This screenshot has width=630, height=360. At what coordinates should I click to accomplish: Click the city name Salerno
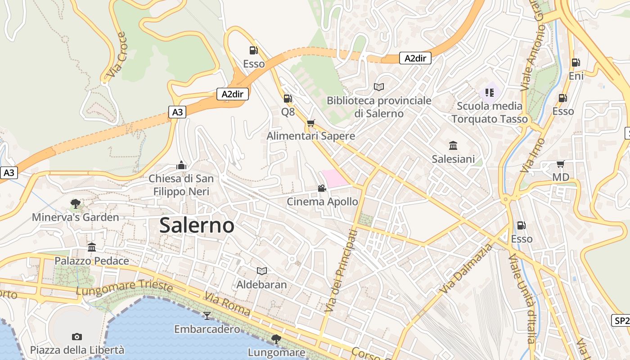(x=197, y=225)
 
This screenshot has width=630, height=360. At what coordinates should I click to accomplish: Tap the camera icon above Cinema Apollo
(x=322, y=188)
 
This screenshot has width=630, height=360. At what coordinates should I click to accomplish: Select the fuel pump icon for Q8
(x=288, y=98)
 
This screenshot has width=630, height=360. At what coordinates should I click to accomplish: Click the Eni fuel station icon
(x=575, y=63)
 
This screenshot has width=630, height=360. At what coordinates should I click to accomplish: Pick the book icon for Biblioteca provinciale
(x=379, y=87)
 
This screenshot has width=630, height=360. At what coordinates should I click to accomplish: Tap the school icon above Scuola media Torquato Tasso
(x=490, y=93)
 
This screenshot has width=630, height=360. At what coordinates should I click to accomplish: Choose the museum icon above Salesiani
(x=453, y=145)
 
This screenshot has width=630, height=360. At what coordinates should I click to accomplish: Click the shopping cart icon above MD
(x=560, y=164)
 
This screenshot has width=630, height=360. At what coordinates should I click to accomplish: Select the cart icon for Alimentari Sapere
(x=310, y=123)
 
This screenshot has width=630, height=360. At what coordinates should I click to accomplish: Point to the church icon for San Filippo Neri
(x=181, y=165)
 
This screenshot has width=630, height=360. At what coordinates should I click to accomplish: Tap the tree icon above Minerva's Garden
(x=75, y=204)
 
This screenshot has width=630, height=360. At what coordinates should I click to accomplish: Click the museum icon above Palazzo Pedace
(x=92, y=247)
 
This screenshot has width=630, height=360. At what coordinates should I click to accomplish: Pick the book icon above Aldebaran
(x=261, y=271)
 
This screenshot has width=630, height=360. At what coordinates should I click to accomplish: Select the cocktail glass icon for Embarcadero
(x=207, y=315)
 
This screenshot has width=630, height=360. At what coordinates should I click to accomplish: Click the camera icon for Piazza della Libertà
(x=76, y=337)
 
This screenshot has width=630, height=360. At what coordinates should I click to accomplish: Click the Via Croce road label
(x=117, y=54)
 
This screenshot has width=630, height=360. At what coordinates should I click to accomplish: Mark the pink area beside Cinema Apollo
(x=334, y=178)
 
